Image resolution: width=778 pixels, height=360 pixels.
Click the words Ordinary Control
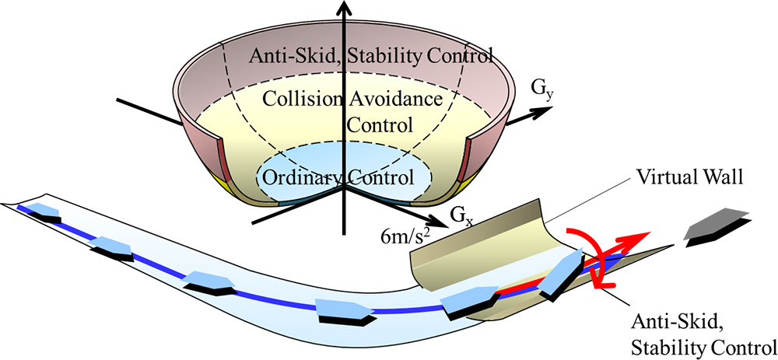point(338,177)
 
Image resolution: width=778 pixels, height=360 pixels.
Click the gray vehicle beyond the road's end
point(716,221)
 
